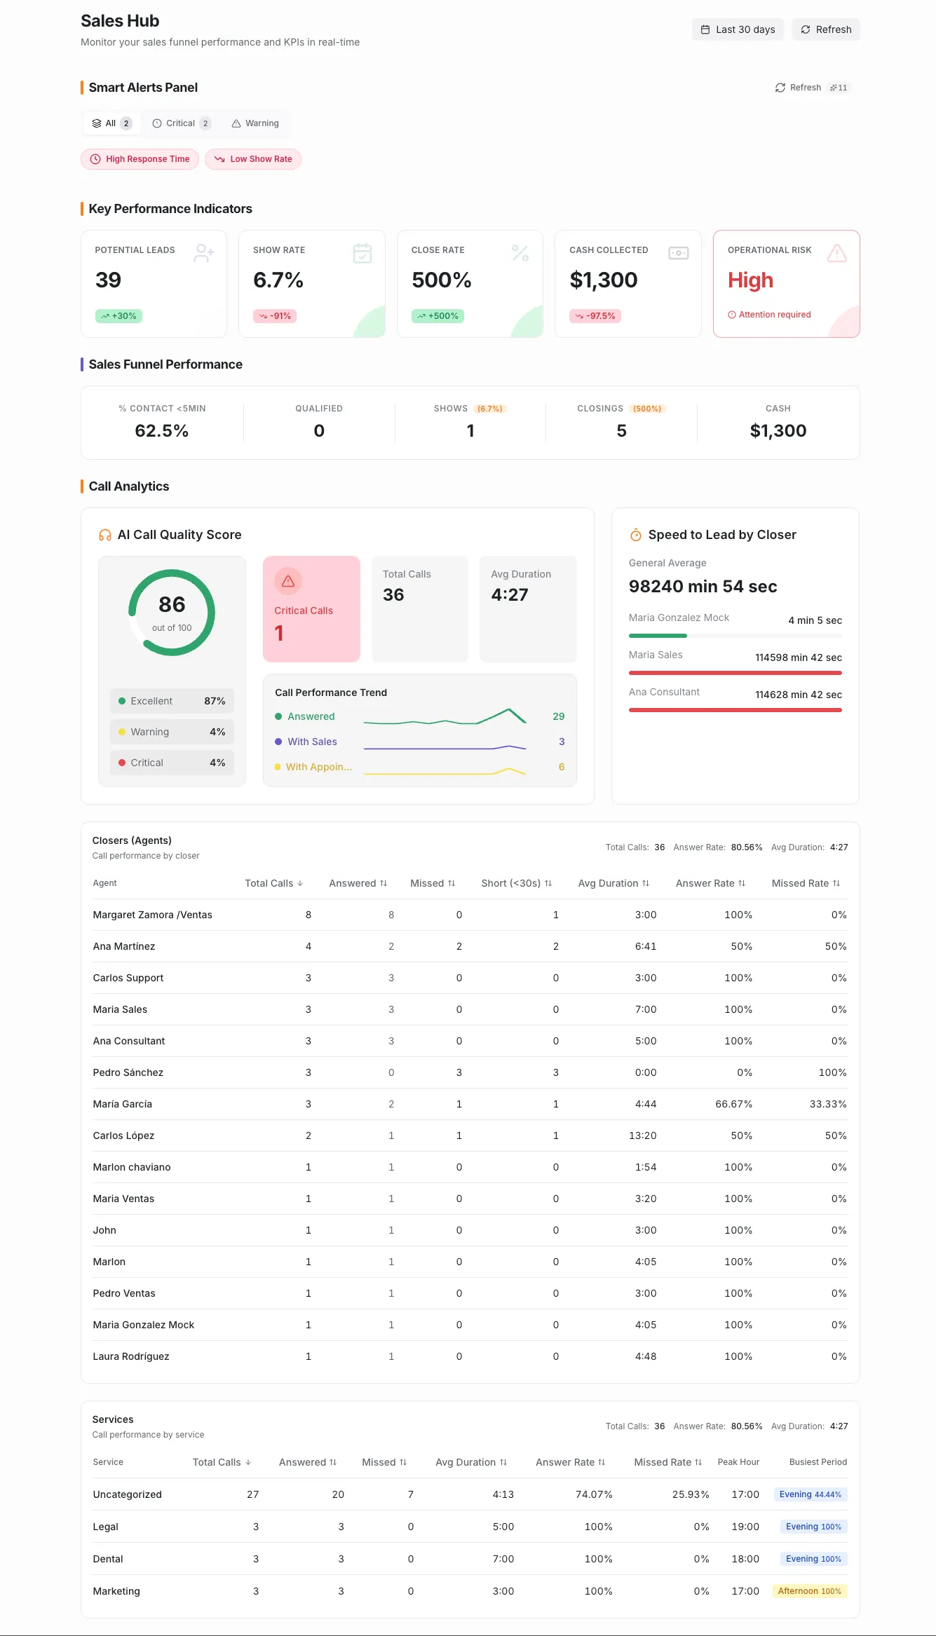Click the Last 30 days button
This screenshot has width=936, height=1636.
[738, 29]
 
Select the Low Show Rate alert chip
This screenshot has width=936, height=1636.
[253, 159]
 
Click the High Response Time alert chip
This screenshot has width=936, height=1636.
[140, 159]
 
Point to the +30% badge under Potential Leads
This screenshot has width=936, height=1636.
[118, 316]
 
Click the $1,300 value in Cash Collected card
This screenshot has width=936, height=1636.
[603, 280]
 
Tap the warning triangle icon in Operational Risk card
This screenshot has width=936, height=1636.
[836, 253]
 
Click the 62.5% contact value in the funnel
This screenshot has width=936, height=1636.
[161, 430]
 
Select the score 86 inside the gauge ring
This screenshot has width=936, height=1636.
[172, 605]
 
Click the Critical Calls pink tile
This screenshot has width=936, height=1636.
[311, 608]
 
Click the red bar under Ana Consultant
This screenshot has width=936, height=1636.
[735, 710]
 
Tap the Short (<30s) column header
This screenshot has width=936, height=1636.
[516, 883]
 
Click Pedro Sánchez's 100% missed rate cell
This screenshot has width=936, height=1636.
[832, 1072]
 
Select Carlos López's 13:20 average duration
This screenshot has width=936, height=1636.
[642, 1136]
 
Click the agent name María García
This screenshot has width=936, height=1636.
[122, 1104]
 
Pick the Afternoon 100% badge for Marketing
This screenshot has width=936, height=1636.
[809, 1591]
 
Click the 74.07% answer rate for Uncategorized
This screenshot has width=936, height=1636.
[594, 1494]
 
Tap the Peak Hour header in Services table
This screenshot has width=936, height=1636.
[738, 1462]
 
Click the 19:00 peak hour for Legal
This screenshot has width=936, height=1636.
[745, 1527]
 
